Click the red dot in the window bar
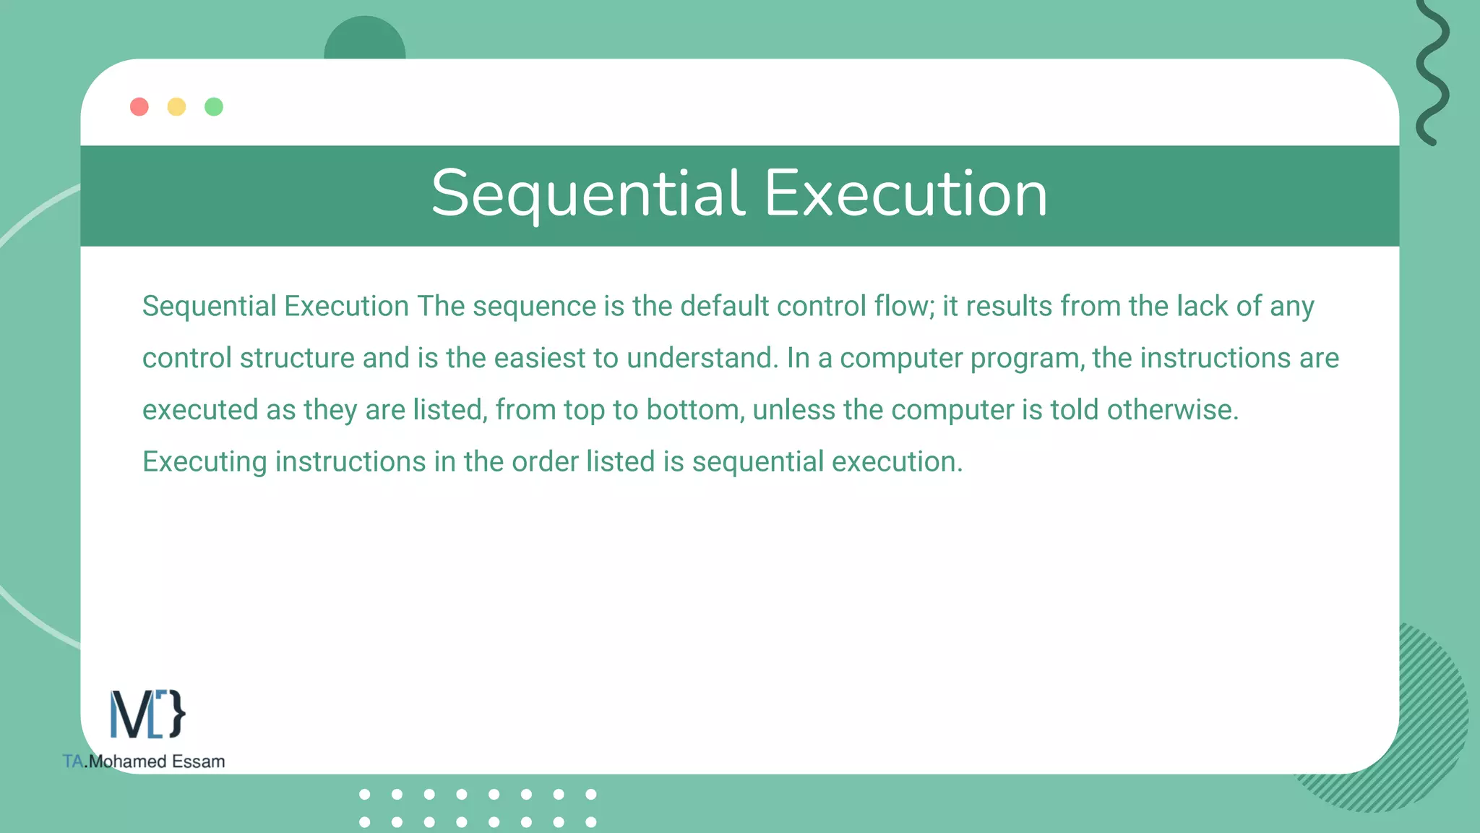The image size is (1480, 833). [x=139, y=107]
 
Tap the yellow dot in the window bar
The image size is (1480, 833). [x=176, y=107]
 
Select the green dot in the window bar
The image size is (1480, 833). [x=214, y=107]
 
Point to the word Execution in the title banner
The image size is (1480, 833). [x=905, y=194]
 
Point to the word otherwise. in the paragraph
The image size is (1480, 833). [x=1172, y=410]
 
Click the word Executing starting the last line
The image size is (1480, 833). [x=205, y=462]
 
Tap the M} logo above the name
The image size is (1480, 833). [x=147, y=714]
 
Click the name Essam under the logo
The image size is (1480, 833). [x=198, y=761]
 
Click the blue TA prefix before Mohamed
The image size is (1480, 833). [x=73, y=761]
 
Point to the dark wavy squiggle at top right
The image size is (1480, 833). [x=1432, y=72]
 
